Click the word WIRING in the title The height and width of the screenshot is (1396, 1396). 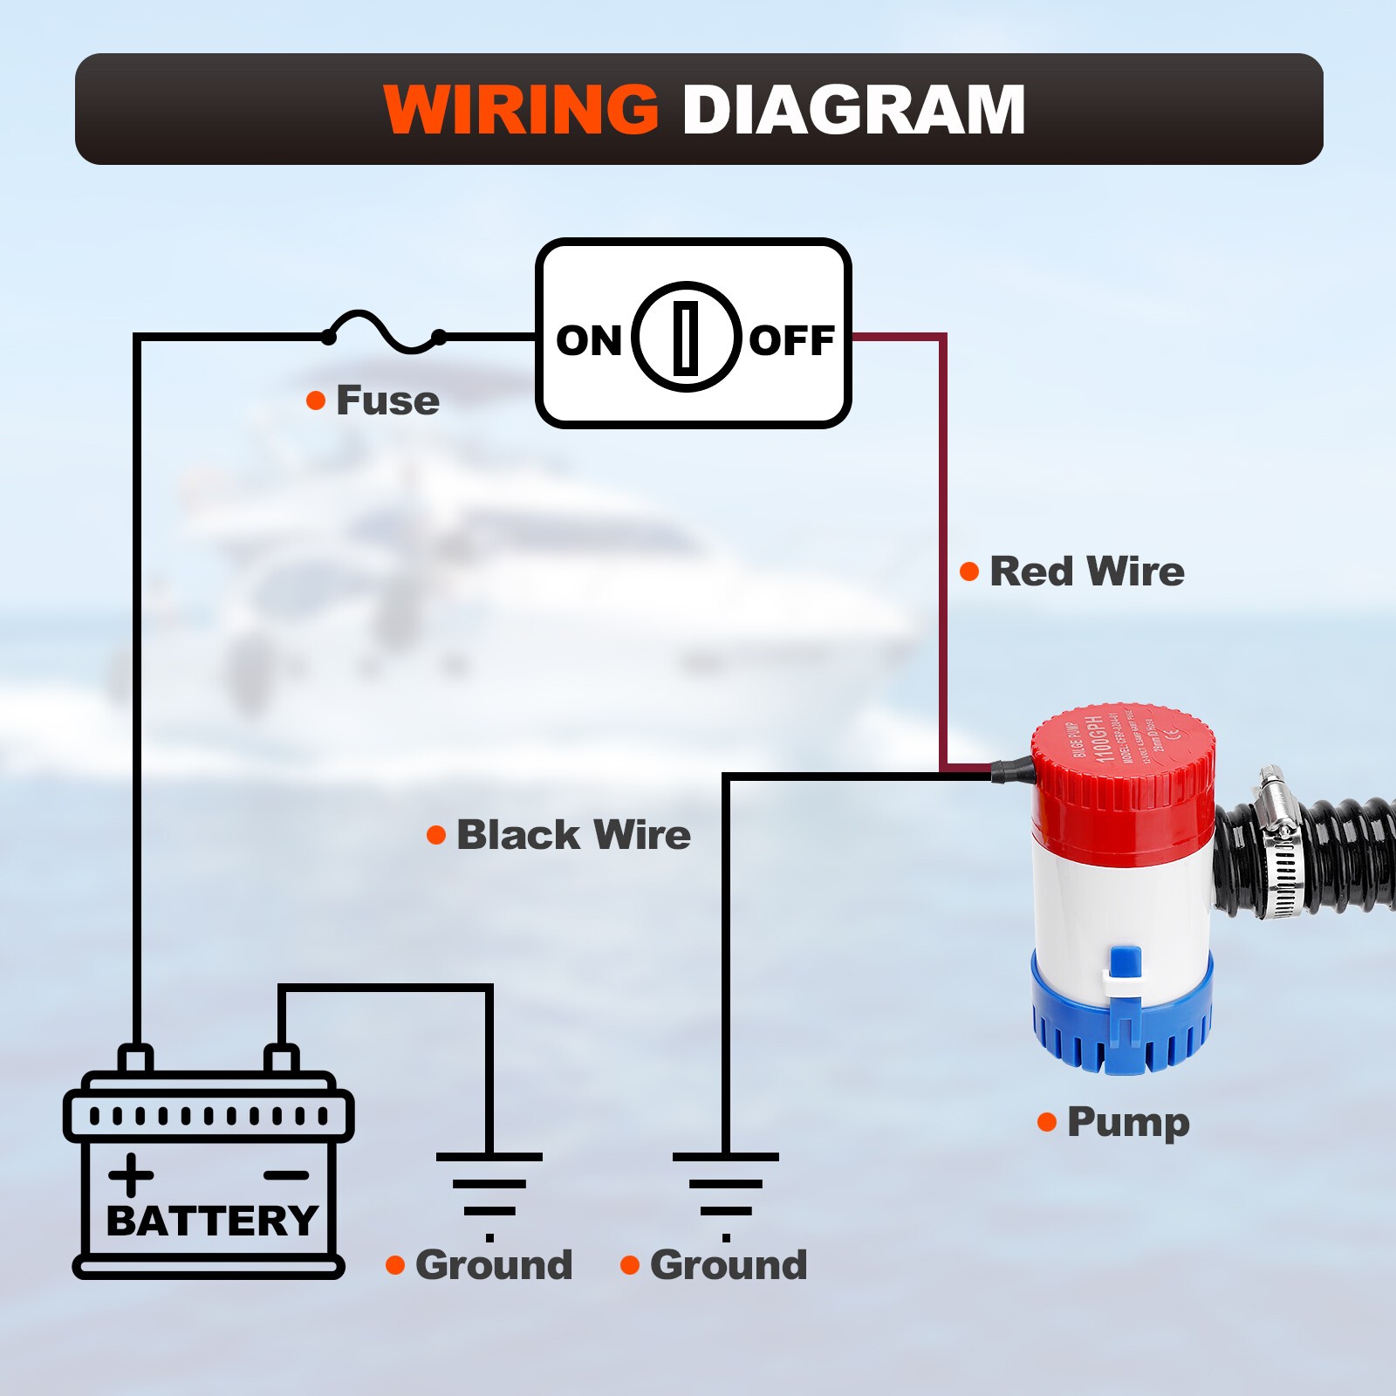(521, 110)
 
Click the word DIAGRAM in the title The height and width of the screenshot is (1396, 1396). (852, 110)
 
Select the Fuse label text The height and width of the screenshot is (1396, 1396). (387, 400)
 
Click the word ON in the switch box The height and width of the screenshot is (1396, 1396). (588, 340)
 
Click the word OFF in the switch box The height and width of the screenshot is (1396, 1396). (791, 340)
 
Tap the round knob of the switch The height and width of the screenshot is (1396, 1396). (687, 337)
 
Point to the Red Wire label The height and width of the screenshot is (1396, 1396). (1086, 571)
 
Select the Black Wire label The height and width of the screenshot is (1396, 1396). (573, 835)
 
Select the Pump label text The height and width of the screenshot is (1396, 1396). (1127, 1122)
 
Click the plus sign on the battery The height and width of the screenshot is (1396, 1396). (131, 1174)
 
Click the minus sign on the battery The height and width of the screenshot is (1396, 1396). (285, 1175)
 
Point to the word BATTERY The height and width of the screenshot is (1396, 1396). (211, 1221)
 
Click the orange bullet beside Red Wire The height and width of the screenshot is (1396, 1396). (969, 571)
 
